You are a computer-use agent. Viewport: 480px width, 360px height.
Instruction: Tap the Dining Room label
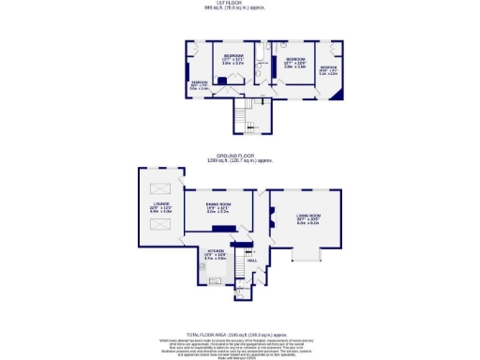pos(217,209)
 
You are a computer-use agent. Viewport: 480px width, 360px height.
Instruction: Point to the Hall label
pos(251,262)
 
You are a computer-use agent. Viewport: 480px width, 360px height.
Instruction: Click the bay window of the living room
pos(307,255)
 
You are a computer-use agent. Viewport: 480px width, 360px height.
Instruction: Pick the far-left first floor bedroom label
pos(200,83)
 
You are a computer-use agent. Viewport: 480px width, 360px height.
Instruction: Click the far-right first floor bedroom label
pos(328,68)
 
